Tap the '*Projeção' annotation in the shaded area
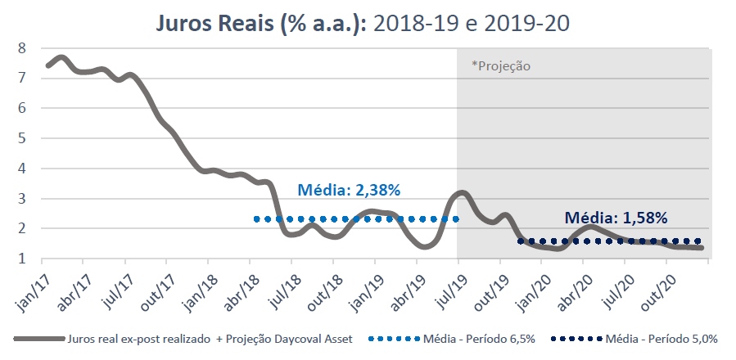click(x=501, y=65)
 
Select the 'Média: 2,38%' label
click(x=349, y=191)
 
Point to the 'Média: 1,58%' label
click(x=616, y=218)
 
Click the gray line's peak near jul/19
click(x=462, y=192)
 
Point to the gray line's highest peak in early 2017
click(x=62, y=56)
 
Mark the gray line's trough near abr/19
click(x=426, y=245)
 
